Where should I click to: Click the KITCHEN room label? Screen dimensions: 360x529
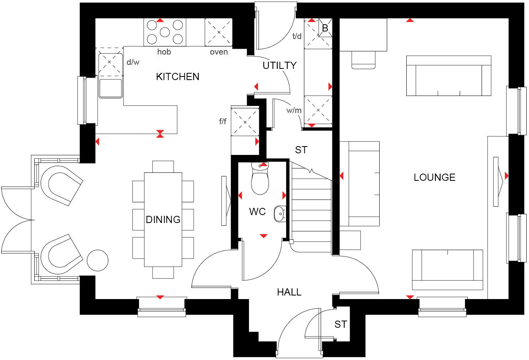(x=178, y=76)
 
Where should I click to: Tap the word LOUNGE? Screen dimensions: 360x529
(x=434, y=177)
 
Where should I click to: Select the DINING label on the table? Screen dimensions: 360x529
(x=163, y=219)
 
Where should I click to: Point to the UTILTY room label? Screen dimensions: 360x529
(x=280, y=65)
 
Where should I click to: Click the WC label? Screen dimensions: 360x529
(x=257, y=211)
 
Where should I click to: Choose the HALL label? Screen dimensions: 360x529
(x=289, y=292)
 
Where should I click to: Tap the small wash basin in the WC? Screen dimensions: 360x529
(x=280, y=213)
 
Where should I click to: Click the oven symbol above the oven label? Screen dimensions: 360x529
(x=219, y=32)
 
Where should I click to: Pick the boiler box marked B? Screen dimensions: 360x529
(x=325, y=28)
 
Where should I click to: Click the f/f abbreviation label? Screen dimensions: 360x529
(x=223, y=121)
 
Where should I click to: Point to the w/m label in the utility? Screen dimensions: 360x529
(x=294, y=110)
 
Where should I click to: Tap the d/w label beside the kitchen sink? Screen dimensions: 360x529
(x=133, y=62)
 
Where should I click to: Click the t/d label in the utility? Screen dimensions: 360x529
(x=297, y=36)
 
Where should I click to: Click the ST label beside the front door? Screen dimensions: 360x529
(x=340, y=325)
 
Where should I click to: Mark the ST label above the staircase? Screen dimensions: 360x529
(x=301, y=150)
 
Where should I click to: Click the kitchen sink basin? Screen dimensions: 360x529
(x=110, y=88)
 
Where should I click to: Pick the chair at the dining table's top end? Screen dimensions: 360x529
(x=163, y=166)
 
